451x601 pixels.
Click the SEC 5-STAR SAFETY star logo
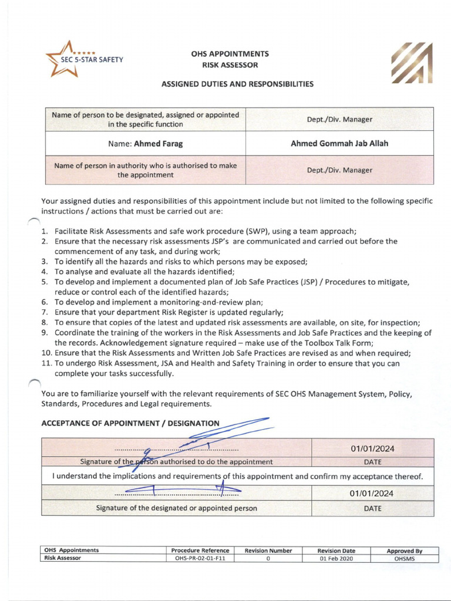[63, 59]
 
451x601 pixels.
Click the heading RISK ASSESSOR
[230, 65]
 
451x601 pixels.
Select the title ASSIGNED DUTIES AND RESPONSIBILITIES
[237, 84]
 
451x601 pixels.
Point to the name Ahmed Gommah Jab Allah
[339, 143]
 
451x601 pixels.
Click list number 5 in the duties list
[45, 282]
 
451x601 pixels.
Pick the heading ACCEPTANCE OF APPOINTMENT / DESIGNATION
[130, 423]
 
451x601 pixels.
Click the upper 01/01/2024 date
[372, 449]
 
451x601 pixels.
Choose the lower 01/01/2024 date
[372, 493]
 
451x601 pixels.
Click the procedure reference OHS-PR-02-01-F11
[200, 558]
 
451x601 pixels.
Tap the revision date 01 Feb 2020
[336, 558]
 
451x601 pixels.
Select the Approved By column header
[405, 551]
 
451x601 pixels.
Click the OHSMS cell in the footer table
[405, 558]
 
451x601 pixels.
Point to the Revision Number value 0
[268, 558]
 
